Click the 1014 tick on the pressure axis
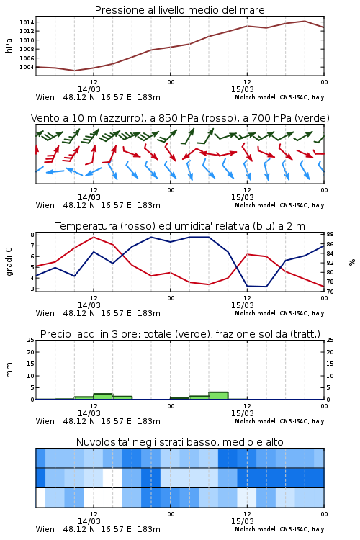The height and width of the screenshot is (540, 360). tap(27, 22)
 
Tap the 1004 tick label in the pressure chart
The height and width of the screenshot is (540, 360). tap(27, 67)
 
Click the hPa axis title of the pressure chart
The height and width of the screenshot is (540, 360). tap(9, 45)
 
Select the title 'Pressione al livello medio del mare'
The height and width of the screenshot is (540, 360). tap(180, 10)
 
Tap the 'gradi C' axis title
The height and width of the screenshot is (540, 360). tap(9, 261)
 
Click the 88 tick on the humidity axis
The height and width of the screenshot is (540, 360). tap(330, 235)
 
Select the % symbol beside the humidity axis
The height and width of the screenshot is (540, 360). tap(352, 262)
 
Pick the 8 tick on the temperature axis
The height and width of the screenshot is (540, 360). tap(32, 235)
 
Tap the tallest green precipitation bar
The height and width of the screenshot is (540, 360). tap(218, 396)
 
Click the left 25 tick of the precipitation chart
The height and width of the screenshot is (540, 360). tap(31, 341)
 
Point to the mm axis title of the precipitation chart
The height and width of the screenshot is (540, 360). tap(9, 370)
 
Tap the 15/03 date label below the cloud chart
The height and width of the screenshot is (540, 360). tap(243, 521)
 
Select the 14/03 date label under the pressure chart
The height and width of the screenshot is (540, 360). tap(89, 89)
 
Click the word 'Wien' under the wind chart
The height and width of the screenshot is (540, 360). tap(45, 206)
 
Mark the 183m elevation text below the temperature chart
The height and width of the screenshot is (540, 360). tap(149, 313)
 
